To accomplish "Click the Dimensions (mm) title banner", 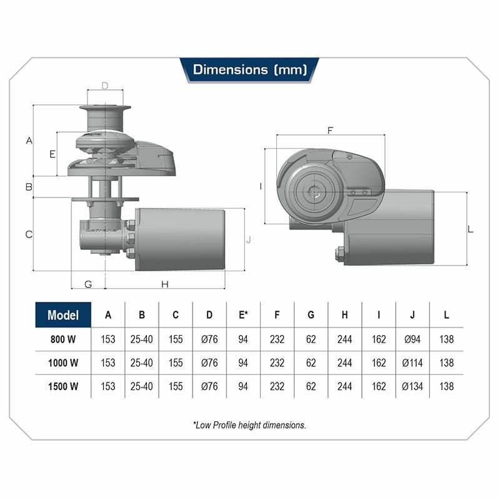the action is [x=249, y=70].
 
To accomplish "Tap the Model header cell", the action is [x=63, y=315].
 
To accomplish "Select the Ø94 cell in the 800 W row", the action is [x=412, y=339].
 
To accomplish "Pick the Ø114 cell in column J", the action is [x=412, y=363].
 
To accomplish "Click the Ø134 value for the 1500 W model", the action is [x=412, y=386].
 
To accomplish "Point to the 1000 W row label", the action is [x=63, y=363].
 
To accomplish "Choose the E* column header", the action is [x=243, y=315].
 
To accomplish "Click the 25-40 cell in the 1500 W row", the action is [x=142, y=386].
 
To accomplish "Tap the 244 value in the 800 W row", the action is [x=345, y=339].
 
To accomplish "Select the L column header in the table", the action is [x=446, y=315].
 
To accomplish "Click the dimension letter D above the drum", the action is [x=105, y=86].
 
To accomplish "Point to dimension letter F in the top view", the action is [x=331, y=131].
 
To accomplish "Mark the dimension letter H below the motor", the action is [x=165, y=284].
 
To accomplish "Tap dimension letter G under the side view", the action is [x=88, y=284].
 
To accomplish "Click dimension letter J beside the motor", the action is [x=249, y=239].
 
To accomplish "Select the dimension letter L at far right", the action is [x=471, y=229].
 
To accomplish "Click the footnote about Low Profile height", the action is [x=249, y=425].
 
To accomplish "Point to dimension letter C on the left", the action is [x=29, y=234].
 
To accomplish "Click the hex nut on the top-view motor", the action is [x=339, y=254].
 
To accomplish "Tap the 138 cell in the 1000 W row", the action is [x=446, y=363].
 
